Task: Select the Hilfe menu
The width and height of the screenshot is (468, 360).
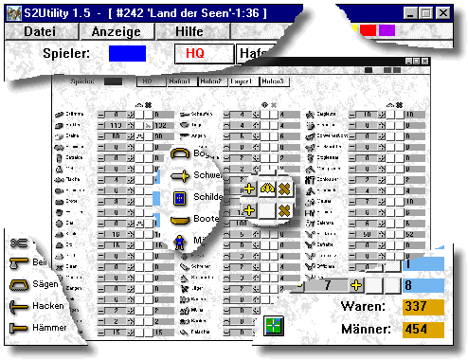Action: click(x=189, y=31)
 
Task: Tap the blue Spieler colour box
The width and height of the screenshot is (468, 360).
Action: click(x=127, y=54)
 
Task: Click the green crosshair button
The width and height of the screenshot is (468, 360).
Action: click(x=275, y=326)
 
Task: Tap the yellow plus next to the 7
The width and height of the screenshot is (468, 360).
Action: click(x=356, y=284)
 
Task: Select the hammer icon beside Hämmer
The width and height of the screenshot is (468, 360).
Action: click(x=17, y=329)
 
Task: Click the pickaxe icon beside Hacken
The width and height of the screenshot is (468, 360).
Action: click(x=17, y=306)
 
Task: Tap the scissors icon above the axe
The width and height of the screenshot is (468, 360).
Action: click(x=16, y=243)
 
